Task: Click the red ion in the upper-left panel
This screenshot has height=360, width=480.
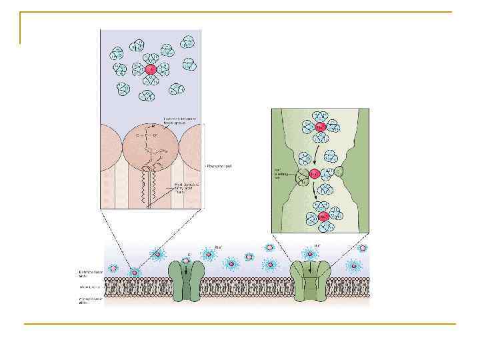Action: pyautogui.click(x=151, y=69)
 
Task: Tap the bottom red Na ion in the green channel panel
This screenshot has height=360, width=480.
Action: pyautogui.click(x=323, y=217)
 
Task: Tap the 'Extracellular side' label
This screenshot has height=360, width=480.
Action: pyautogui.click(x=89, y=273)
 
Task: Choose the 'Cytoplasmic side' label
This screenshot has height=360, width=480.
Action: pyautogui.click(x=88, y=301)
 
